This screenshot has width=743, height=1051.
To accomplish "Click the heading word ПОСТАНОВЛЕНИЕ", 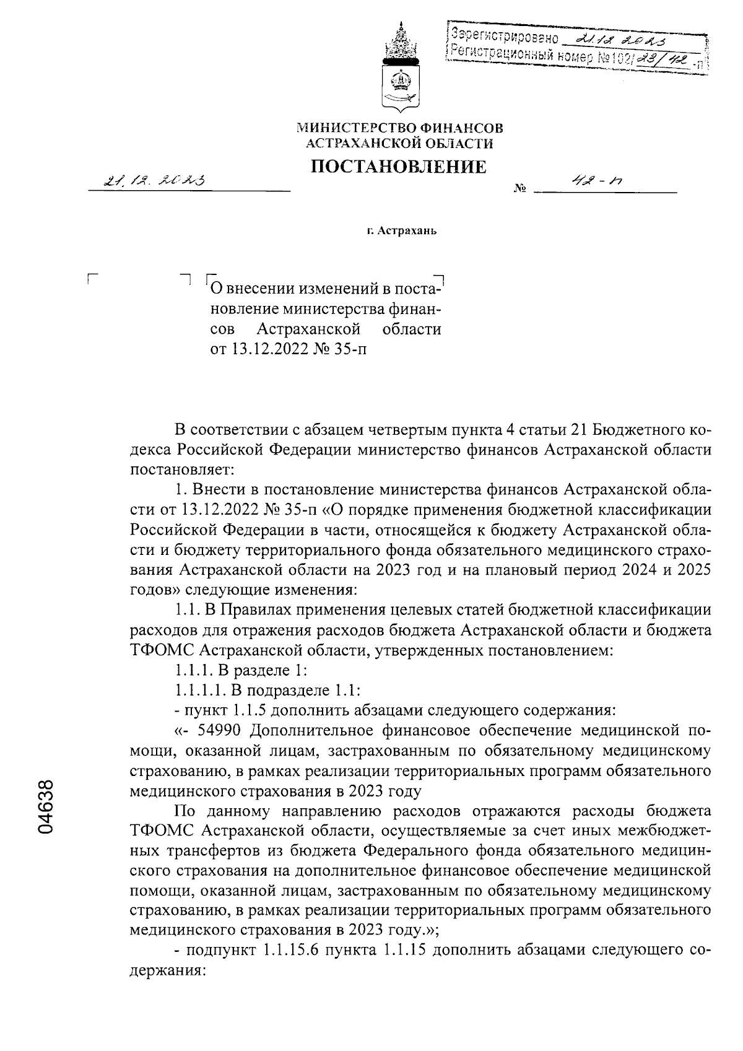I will (x=398, y=167).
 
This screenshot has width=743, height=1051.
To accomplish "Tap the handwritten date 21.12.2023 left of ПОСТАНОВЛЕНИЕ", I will (x=156, y=180).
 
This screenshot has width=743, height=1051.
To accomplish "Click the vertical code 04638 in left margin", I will (x=46, y=806).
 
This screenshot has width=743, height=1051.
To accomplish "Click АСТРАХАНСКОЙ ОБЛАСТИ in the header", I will (x=400, y=144).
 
